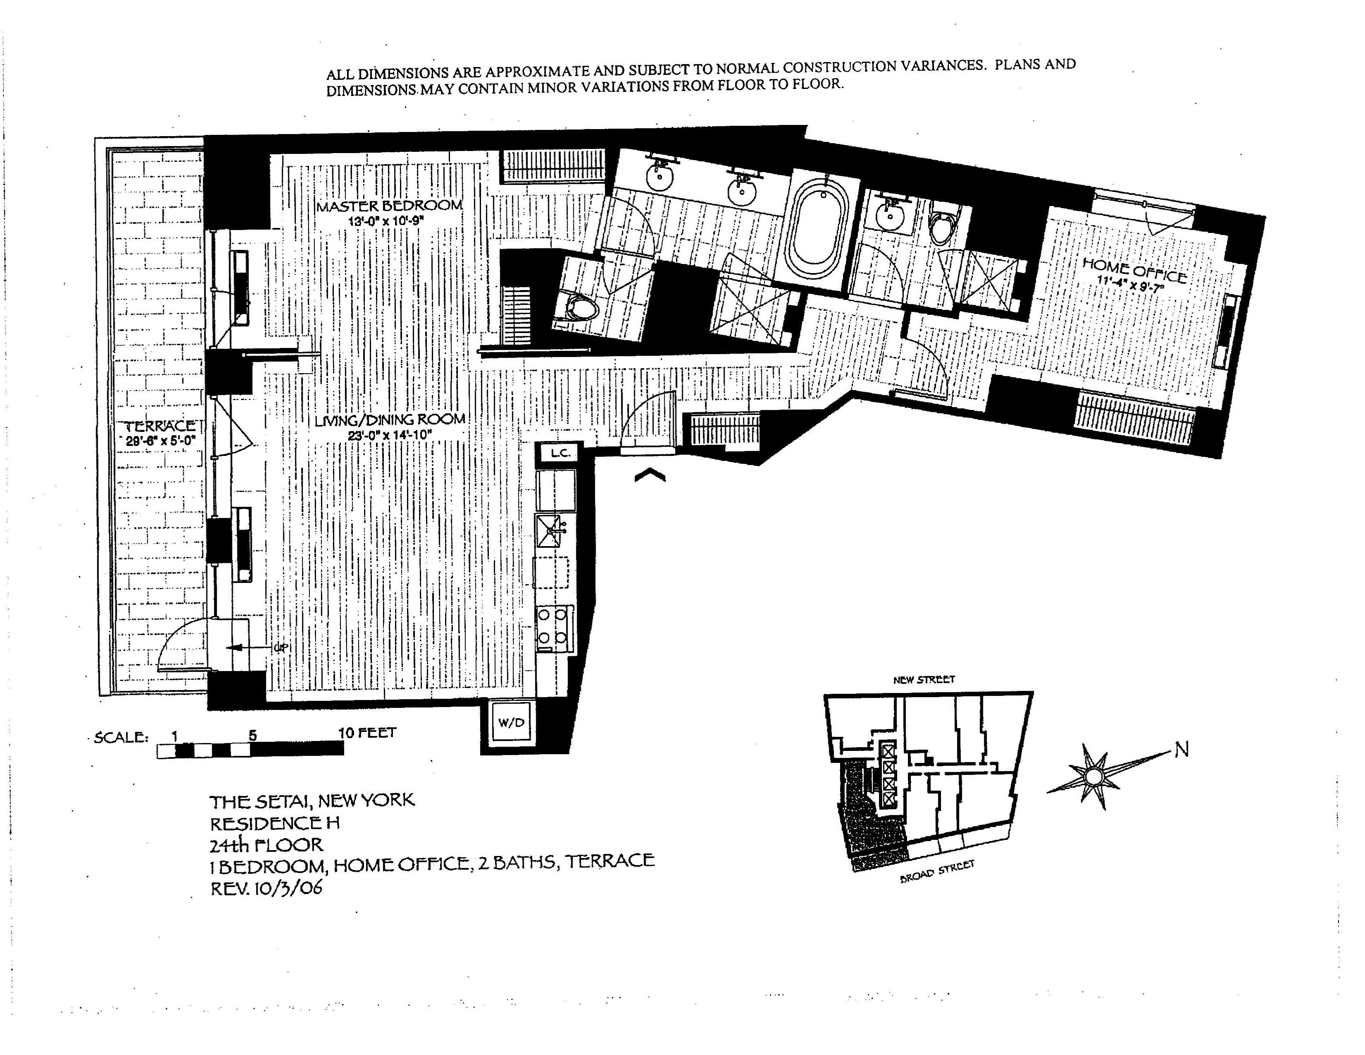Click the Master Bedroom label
pos(389,206)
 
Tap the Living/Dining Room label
pos(389,420)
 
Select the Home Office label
pos(1134,271)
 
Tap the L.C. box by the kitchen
pos(559,453)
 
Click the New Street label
pos(924,679)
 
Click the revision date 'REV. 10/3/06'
pos(266,888)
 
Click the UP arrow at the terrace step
pos(236,647)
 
